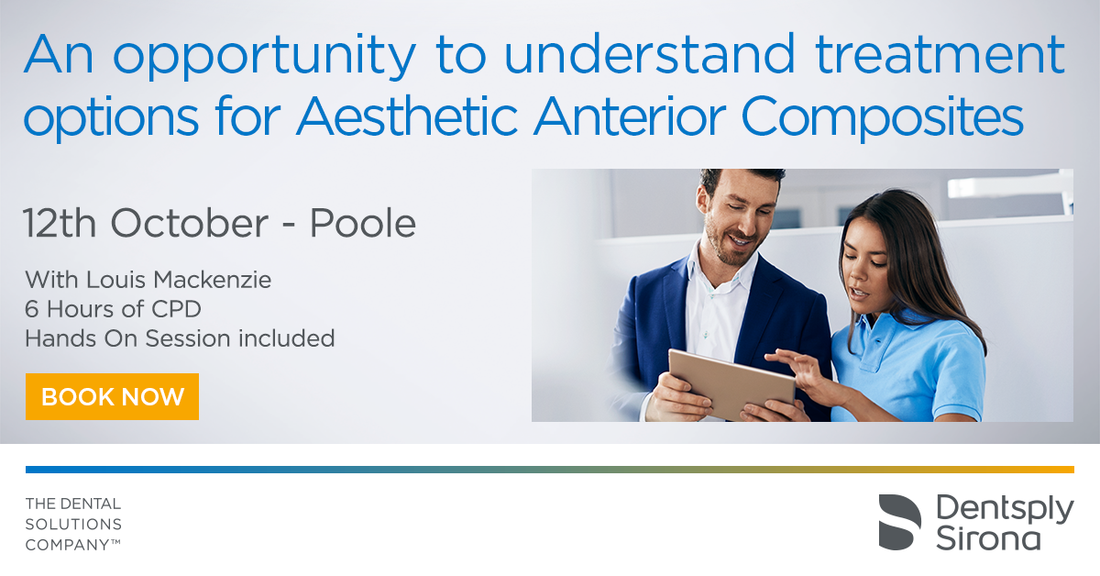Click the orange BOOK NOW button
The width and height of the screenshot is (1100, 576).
(x=112, y=396)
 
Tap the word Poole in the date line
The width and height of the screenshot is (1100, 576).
(x=363, y=223)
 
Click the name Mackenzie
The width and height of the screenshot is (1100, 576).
(x=212, y=280)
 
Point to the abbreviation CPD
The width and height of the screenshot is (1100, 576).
(x=176, y=309)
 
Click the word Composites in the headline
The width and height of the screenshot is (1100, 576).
(x=883, y=117)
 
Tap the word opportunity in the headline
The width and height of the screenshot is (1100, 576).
(x=265, y=57)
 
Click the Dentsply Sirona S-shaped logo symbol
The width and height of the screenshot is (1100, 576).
(x=899, y=522)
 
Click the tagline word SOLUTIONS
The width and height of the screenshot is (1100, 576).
(x=73, y=524)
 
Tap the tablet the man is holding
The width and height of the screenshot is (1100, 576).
(x=731, y=383)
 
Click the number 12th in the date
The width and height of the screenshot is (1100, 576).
(x=60, y=223)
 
